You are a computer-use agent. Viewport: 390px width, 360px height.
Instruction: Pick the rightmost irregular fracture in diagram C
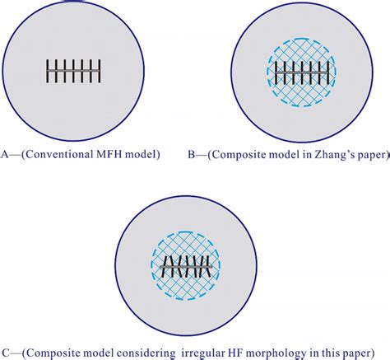tap(216, 266)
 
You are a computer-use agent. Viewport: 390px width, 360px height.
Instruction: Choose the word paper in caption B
tap(370, 153)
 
